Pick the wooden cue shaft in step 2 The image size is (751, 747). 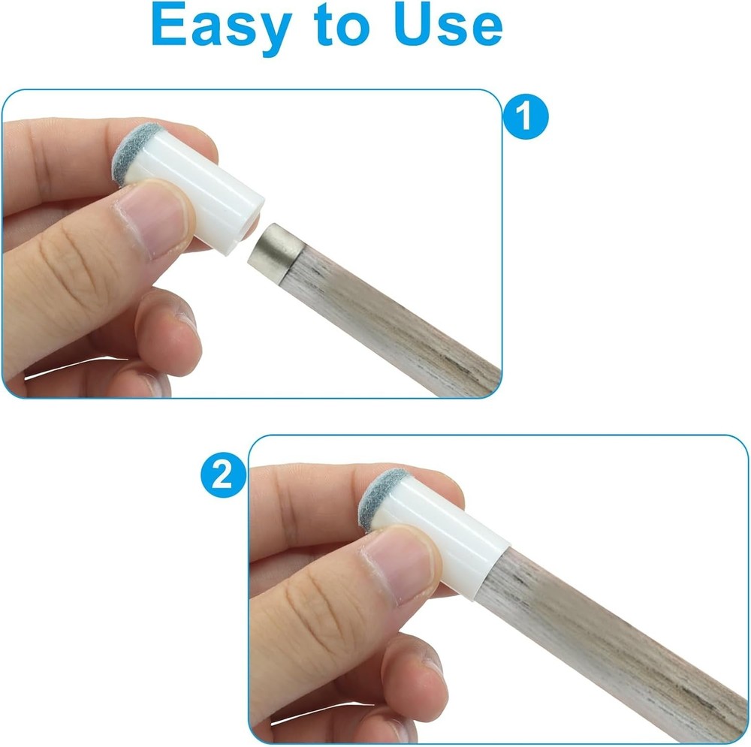[x=601, y=638]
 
